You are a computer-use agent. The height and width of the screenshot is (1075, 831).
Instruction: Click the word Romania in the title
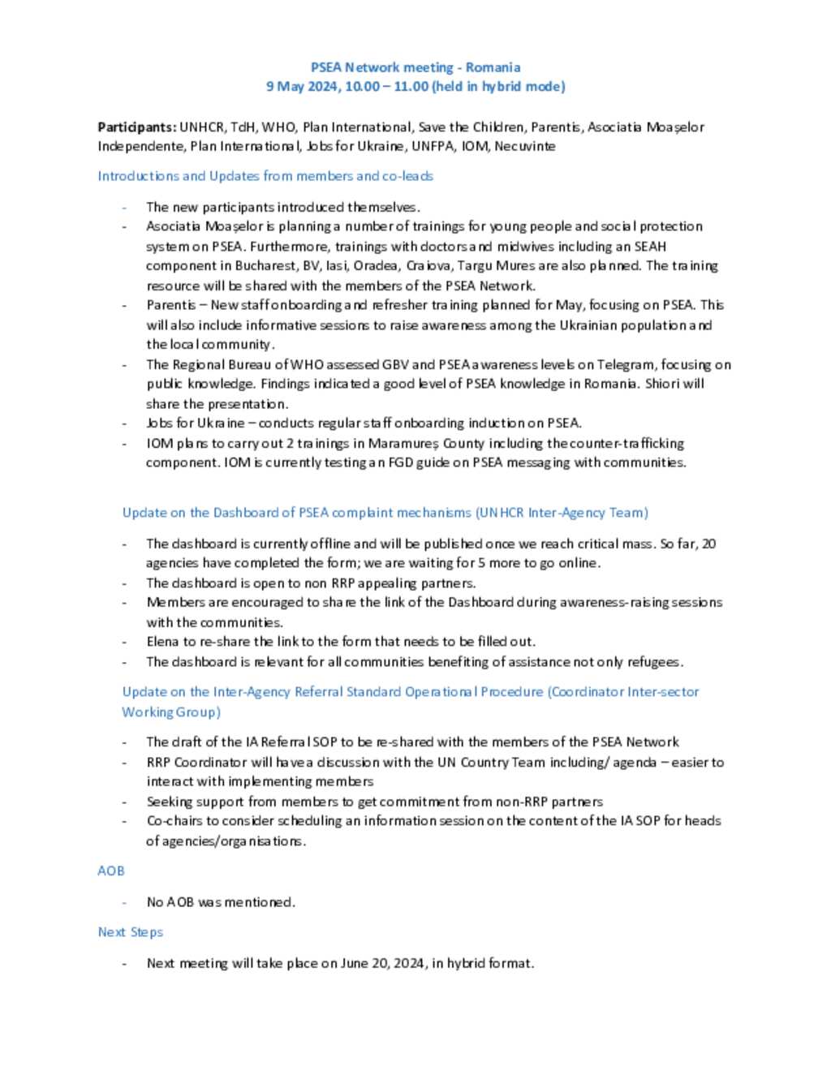coord(493,67)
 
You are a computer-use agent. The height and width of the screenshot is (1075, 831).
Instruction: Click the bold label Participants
coord(136,127)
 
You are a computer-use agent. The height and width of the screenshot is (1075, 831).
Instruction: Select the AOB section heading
coord(110,871)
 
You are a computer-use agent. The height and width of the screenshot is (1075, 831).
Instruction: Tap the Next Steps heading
coord(130,932)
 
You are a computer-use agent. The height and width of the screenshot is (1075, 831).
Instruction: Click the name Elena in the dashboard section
coord(162,642)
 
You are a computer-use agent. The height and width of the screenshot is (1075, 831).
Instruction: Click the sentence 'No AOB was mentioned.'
coord(221,901)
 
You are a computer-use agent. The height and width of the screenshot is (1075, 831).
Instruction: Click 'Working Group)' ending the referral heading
coord(171,712)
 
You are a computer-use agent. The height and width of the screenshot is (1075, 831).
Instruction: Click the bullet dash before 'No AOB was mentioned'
coord(124,901)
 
